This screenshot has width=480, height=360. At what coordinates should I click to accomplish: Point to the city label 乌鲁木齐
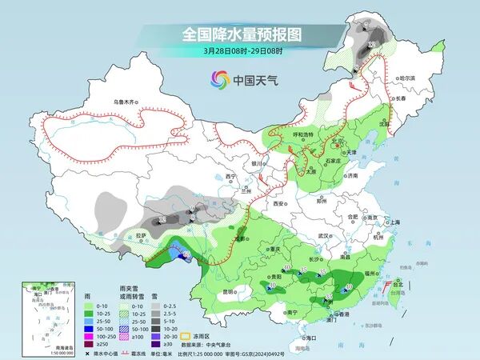click(x=126, y=102)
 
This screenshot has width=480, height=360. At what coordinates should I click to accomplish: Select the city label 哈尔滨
click(x=408, y=78)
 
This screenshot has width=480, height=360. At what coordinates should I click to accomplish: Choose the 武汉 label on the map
click(x=323, y=236)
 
